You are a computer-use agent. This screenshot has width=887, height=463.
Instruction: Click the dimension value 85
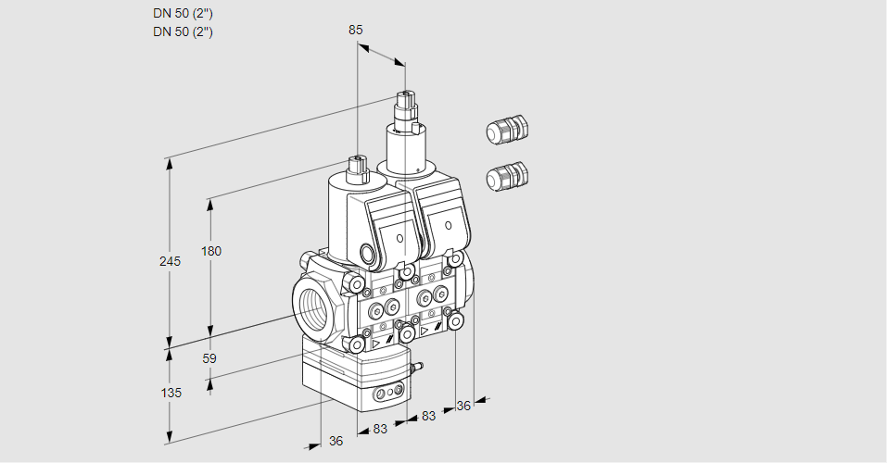click(355, 30)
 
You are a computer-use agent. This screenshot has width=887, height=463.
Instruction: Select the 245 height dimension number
click(170, 261)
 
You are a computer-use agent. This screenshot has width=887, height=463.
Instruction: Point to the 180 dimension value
click(211, 251)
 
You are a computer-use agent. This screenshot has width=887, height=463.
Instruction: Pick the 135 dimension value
click(170, 393)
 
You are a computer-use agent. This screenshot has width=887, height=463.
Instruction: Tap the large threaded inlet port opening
click(313, 306)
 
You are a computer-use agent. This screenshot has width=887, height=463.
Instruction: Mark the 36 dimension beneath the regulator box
click(336, 441)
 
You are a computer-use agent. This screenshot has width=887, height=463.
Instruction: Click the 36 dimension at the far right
click(464, 405)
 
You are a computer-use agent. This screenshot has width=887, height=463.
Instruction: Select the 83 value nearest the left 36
click(379, 429)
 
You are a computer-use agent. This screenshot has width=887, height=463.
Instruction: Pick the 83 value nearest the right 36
click(428, 416)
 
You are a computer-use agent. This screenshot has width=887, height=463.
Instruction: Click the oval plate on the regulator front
click(387, 395)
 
